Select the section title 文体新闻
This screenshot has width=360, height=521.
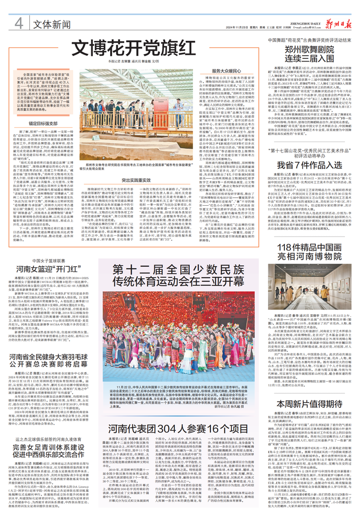pos(52,24)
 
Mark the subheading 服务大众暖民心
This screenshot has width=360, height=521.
pos(226,70)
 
